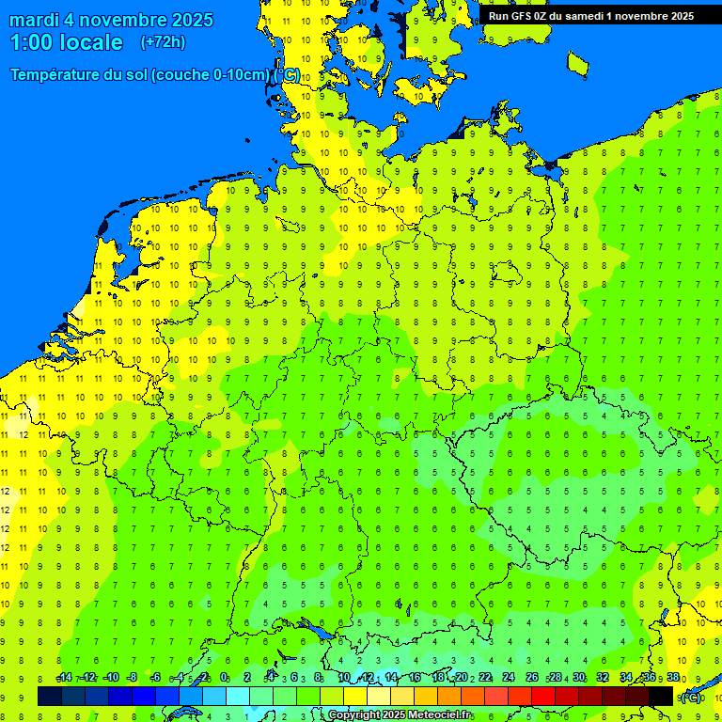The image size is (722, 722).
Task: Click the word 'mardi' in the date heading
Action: click(34, 20)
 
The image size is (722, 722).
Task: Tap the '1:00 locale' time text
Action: click(66, 42)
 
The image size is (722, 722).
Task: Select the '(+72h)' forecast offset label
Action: click(163, 41)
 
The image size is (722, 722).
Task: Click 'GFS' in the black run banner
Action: click(526, 16)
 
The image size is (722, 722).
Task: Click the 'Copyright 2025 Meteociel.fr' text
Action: click(400, 715)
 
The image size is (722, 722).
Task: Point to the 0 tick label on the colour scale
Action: click(224, 678)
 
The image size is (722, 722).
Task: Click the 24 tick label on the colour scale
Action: click(509, 678)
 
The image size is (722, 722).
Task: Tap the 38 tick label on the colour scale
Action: click(673, 678)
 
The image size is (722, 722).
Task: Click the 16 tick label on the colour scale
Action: click(415, 678)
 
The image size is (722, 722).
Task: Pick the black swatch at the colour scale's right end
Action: click(661, 696)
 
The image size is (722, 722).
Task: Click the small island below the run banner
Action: click(578, 63)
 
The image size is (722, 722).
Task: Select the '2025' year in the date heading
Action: click(186, 20)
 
